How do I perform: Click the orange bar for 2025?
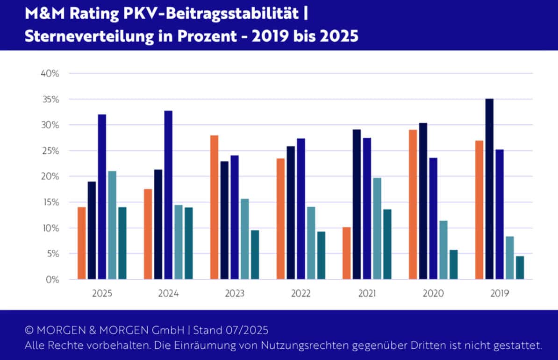click(x=82, y=243)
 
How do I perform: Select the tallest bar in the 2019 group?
click(x=489, y=189)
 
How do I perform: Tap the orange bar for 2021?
click(x=346, y=254)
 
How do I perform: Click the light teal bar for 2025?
click(x=112, y=225)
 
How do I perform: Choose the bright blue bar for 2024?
click(x=168, y=195)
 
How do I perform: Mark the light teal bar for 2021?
click(x=377, y=228)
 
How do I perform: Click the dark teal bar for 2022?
click(x=321, y=255)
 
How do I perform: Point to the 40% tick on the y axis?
click(x=50, y=74)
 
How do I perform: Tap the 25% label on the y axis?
click(x=50, y=151)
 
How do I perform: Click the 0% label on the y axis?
click(x=52, y=280)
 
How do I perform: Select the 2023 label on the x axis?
click(x=235, y=294)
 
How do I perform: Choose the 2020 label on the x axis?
click(x=433, y=294)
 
